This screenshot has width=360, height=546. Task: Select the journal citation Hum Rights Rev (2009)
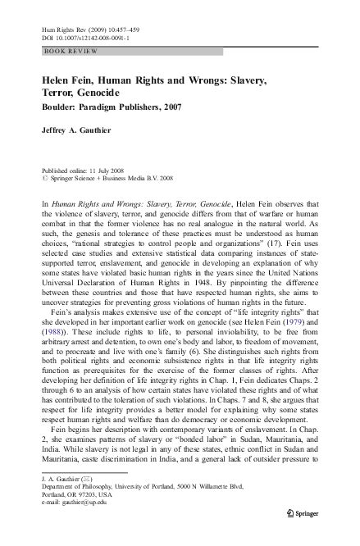click(x=72, y=27)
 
